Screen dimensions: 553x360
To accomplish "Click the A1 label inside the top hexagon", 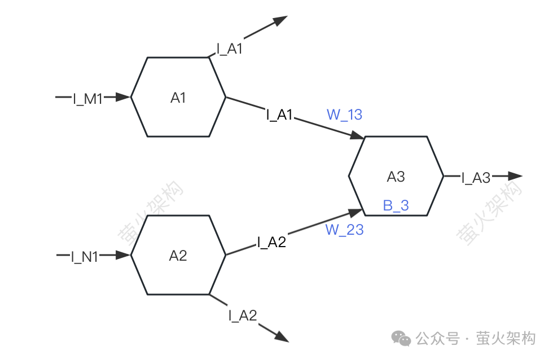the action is click(x=178, y=98).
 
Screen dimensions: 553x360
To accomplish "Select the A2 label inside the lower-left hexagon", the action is click(x=178, y=256).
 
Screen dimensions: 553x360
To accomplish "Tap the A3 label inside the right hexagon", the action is click(x=396, y=177).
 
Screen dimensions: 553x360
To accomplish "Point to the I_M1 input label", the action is click(x=88, y=99).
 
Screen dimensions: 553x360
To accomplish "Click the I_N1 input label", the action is click(x=85, y=257).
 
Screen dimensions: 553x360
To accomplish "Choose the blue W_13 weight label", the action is click(x=344, y=115).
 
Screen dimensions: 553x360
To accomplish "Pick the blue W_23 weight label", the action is click(x=344, y=230).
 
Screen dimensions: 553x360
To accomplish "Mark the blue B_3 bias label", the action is click(x=396, y=205).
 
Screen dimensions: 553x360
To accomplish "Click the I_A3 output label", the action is click(x=476, y=178).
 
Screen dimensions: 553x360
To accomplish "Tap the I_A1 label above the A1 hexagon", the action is click(x=230, y=49).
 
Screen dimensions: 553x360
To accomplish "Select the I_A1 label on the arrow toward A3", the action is click(x=280, y=115).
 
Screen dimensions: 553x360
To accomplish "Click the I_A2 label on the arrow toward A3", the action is click(x=271, y=242).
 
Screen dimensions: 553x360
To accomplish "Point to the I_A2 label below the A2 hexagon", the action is click(x=243, y=315).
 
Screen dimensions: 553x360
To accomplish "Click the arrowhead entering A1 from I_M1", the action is click(x=123, y=97).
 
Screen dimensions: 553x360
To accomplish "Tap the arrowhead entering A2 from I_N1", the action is click(x=123, y=255).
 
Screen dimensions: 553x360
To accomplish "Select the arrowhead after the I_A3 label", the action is click(x=515, y=175).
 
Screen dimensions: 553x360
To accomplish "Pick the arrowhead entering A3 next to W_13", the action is click(x=357, y=135).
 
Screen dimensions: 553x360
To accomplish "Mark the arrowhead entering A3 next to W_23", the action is click(x=355, y=213).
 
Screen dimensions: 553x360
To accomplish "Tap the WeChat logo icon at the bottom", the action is click(x=401, y=339).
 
